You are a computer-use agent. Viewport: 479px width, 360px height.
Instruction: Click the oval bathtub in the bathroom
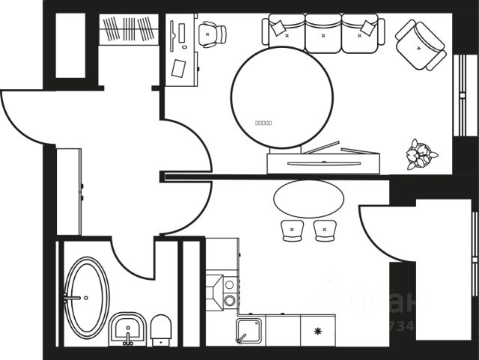point(86,296)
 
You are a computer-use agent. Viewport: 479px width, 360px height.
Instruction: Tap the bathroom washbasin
point(127,329)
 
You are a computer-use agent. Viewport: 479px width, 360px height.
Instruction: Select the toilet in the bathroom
point(162,330)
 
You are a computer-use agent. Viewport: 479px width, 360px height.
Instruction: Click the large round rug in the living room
point(281,96)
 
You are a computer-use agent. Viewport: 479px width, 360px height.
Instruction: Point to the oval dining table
point(308,198)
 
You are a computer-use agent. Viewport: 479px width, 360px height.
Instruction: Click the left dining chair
point(290,231)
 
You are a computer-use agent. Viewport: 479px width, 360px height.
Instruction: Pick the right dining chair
point(325,231)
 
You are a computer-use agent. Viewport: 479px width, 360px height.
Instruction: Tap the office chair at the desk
point(212,33)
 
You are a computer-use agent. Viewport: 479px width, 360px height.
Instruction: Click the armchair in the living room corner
point(421,44)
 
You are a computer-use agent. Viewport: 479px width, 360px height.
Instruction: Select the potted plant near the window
point(421,154)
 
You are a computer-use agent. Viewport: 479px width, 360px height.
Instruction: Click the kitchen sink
point(248,330)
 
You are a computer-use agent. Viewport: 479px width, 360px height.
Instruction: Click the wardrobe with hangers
point(129,30)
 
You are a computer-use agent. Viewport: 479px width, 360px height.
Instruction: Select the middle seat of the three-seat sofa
point(323,34)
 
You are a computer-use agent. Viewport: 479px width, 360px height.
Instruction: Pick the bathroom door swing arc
point(133,258)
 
